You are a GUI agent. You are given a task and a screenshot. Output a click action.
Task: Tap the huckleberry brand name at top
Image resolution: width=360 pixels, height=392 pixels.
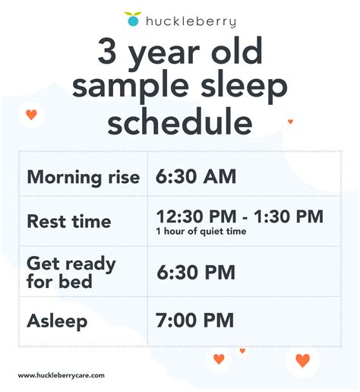point(191,21)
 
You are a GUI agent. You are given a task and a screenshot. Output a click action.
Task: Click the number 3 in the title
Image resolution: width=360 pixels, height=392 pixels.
point(107,51)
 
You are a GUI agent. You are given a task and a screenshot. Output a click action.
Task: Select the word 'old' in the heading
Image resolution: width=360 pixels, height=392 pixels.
point(237,51)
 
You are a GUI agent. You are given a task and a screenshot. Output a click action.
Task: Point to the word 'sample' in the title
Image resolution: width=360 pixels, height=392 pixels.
point(131,86)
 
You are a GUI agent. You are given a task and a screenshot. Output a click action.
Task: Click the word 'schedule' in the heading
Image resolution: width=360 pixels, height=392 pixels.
point(180,122)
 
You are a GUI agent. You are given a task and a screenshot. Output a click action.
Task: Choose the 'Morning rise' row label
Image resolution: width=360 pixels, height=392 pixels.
point(84,177)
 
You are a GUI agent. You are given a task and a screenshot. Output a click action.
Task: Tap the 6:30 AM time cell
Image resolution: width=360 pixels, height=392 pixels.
point(196,176)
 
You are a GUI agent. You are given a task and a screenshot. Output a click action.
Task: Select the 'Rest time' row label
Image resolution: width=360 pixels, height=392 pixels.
point(69,221)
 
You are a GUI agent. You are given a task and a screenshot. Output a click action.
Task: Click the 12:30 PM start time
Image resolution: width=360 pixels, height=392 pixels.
point(197,217)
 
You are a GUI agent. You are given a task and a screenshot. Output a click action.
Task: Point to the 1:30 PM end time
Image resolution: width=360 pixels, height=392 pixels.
point(289,217)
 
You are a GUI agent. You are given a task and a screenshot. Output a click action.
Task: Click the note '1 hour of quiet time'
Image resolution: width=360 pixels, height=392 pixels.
point(201,231)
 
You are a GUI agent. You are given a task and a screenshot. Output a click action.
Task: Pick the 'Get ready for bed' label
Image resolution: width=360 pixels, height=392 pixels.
point(71,272)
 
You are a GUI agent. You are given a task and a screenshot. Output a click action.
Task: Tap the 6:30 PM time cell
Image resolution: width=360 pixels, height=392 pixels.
point(196,272)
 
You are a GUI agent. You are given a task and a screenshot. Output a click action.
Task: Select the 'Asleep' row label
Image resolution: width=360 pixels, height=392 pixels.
point(57,321)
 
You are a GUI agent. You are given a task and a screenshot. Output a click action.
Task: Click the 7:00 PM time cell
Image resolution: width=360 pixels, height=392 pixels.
point(194,321)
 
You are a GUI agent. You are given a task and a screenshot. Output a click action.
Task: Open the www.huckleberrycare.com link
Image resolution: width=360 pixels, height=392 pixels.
point(61,375)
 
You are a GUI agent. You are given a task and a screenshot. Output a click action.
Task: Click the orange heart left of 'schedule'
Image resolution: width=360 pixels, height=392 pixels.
point(31,115)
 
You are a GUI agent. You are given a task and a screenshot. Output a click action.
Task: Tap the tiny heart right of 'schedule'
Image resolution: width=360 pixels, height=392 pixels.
point(290,122)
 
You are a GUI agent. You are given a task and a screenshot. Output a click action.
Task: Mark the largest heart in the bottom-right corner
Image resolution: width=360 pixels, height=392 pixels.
point(303,360)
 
